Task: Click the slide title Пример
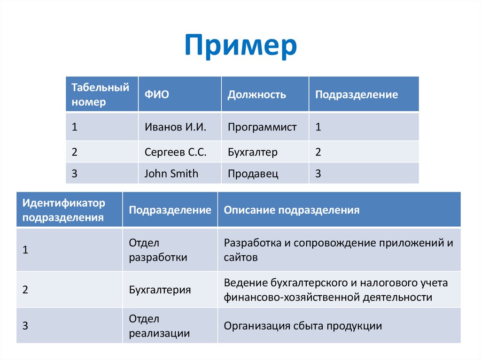(240, 46)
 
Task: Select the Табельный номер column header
(100, 94)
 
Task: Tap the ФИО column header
(156, 94)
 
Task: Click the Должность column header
(256, 94)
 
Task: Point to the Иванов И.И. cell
(175, 127)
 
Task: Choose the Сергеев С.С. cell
(175, 152)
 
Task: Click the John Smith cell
(171, 174)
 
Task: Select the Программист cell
(262, 127)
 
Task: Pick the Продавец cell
(253, 174)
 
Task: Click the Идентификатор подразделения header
(64, 210)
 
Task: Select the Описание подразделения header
(292, 210)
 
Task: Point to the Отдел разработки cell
(158, 250)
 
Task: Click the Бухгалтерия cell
(160, 290)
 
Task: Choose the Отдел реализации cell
(159, 326)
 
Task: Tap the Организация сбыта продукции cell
(303, 326)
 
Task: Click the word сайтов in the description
(240, 257)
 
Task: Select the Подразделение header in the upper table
(356, 94)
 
